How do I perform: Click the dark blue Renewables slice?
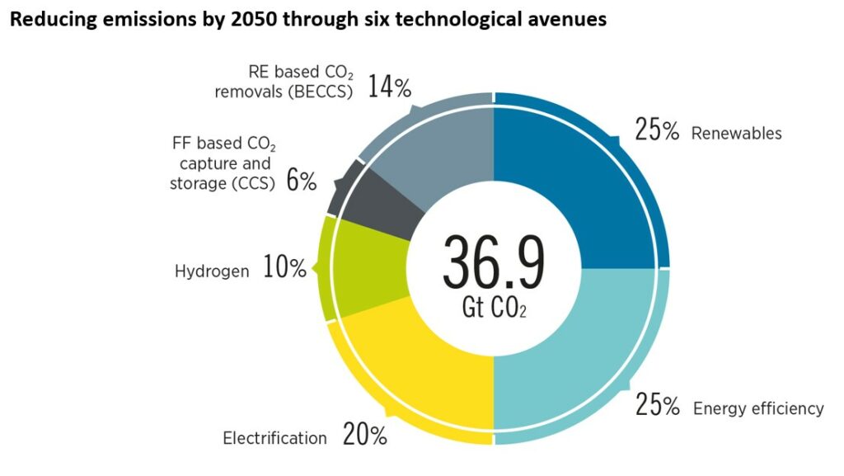coord(577,181)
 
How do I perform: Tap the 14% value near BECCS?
coord(389,87)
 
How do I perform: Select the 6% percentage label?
coord(301,182)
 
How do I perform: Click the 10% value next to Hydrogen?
coord(284,268)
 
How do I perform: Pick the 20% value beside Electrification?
coord(364,436)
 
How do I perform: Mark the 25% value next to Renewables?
coord(657,130)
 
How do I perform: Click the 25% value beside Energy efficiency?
coord(657,406)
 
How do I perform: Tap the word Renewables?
coord(737,133)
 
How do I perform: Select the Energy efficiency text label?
coord(758,408)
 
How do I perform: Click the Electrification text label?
coord(274,438)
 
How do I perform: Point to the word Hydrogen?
coord(212,271)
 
